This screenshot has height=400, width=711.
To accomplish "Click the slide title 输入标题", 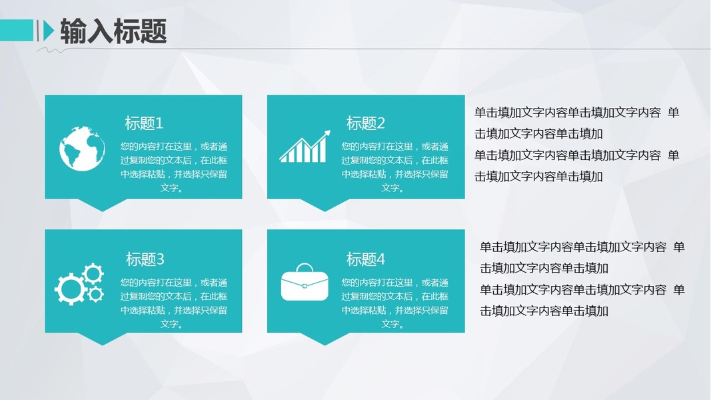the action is click(x=113, y=31).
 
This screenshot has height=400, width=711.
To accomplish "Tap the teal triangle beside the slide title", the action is click(x=48, y=31).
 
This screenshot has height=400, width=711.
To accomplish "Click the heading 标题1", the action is click(x=144, y=123).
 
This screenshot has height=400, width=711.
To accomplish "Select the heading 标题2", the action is click(x=365, y=123).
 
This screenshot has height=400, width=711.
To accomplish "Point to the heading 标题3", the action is click(x=145, y=259).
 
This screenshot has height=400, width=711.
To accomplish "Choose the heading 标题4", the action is click(x=365, y=259).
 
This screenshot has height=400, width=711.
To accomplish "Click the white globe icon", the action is click(x=82, y=149).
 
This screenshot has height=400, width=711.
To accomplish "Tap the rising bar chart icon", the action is click(x=305, y=147).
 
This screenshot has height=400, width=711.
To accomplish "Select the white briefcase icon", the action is click(x=305, y=282).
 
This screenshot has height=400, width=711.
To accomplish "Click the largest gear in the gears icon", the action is click(x=70, y=289).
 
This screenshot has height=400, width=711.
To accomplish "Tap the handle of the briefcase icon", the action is click(x=305, y=267).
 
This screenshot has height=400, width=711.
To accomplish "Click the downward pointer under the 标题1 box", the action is click(x=103, y=205).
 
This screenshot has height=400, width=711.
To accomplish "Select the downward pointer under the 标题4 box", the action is click(x=325, y=339).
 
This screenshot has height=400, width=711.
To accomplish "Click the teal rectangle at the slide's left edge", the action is click(x=17, y=31).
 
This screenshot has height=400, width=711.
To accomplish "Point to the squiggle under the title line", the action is click(x=51, y=51).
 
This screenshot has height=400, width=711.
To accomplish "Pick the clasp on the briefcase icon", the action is click(x=305, y=286).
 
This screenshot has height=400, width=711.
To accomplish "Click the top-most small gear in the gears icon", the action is click(x=93, y=274).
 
